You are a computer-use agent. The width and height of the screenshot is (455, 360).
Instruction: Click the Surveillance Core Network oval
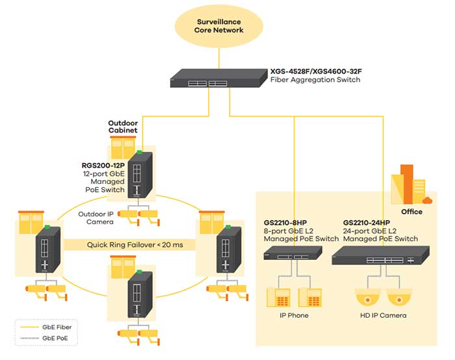[x=219, y=26]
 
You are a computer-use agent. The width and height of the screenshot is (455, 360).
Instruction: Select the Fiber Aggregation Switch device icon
[x=218, y=78]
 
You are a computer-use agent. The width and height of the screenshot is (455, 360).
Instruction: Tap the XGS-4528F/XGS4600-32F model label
[x=316, y=71]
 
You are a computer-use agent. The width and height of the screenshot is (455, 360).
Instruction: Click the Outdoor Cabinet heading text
[x=123, y=127]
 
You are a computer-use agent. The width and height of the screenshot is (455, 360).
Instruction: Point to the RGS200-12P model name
[x=103, y=166]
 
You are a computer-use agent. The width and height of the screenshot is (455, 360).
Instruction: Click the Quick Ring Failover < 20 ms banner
[x=135, y=245]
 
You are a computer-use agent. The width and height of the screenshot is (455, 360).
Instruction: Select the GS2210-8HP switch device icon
[x=292, y=253]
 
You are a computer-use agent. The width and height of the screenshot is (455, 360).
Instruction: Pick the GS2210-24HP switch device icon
[x=380, y=255]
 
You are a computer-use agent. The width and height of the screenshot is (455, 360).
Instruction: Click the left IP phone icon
[x=279, y=298]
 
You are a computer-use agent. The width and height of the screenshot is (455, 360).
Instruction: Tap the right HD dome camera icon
[x=399, y=298]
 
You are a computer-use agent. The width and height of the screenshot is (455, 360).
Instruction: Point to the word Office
[x=411, y=212]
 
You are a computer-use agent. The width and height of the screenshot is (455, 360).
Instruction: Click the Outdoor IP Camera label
[x=96, y=218]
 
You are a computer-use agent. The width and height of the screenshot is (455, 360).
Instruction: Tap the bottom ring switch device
[x=140, y=294]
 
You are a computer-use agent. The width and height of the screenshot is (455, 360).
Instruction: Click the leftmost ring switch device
[x=48, y=249]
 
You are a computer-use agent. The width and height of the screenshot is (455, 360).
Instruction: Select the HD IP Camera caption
[x=383, y=315]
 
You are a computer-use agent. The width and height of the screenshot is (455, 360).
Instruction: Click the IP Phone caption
[x=294, y=315]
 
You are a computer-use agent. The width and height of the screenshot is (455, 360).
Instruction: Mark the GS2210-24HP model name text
[x=367, y=223]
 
